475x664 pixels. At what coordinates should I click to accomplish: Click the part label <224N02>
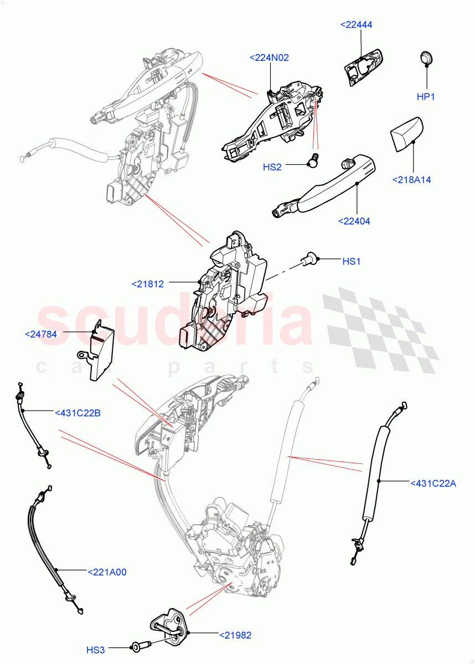pyautogui.click(x=269, y=58)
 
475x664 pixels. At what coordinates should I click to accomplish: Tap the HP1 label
pyautogui.click(x=426, y=97)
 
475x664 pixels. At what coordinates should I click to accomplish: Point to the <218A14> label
pyautogui.click(x=411, y=179)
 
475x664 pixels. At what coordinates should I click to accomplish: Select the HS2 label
pyautogui.click(x=272, y=167)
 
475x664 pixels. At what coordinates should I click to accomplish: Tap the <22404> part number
pyautogui.click(x=354, y=221)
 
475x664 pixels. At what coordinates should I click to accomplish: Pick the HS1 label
pyautogui.click(x=351, y=261)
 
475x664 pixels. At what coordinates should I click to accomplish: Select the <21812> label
pyautogui.click(x=148, y=284)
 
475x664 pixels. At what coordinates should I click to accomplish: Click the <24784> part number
pyautogui.click(x=41, y=334)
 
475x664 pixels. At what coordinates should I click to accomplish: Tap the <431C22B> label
pyautogui.click(x=78, y=412)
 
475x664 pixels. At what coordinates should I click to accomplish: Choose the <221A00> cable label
pyautogui.click(x=107, y=572)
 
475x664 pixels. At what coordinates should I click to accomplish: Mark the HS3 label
pyautogui.click(x=95, y=649)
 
